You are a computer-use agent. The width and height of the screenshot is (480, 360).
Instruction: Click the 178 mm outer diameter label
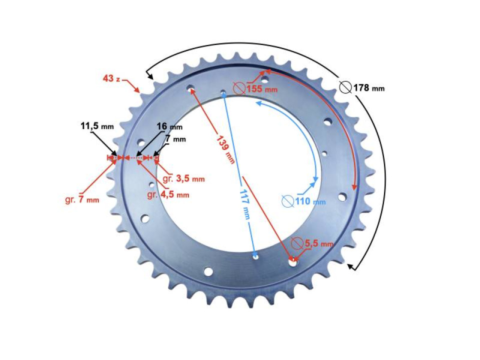click(x=369, y=88)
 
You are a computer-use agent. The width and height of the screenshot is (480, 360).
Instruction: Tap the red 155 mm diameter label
click(x=262, y=89)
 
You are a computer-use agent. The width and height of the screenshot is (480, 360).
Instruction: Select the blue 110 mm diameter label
click(x=310, y=201)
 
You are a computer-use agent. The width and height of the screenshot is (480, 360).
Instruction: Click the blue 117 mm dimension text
click(x=245, y=204)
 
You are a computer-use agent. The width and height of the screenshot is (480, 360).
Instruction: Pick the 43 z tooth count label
click(x=111, y=78)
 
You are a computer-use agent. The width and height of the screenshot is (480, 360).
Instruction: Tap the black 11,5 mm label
click(x=97, y=126)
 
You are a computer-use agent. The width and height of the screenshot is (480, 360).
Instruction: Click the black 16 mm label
click(x=169, y=126)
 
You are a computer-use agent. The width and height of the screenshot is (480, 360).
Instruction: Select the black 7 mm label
click(x=175, y=139)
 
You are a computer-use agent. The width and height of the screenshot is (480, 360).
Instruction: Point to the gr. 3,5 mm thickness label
click(x=183, y=178)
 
